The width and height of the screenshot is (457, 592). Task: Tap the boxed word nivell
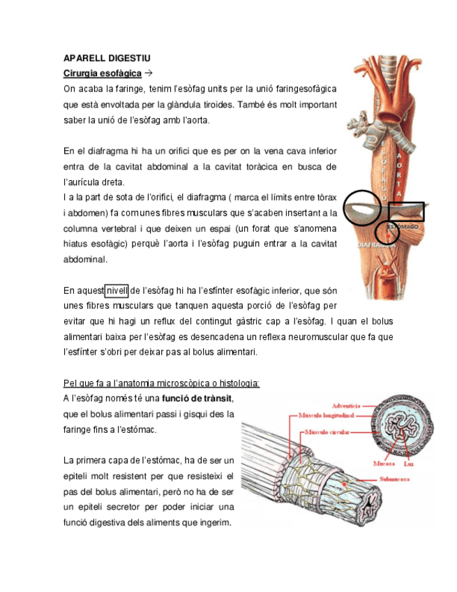tap(117, 290)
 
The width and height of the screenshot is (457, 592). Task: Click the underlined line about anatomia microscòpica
tap(161, 383)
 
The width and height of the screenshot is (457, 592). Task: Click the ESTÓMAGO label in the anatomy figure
tap(403, 227)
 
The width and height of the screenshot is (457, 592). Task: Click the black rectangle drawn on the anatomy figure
tap(405, 212)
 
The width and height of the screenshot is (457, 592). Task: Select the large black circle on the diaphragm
tap(366, 207)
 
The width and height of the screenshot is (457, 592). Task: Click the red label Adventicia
tap(347, 404)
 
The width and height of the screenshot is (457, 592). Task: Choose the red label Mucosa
tap(384, 464)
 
